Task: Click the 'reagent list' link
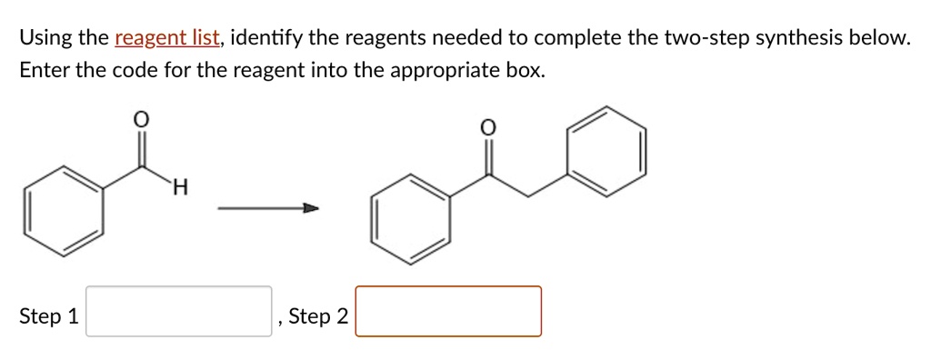coord(167,38)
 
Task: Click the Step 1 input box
coord(179,312)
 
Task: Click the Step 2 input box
coord(448,312)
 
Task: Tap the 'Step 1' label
coord(48,316)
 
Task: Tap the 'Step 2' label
coord(317,316)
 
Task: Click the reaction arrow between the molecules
coord(268,209)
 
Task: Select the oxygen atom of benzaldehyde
coord(140,118)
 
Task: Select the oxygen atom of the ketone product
coord(487,128)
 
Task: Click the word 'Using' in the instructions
coord(45,38)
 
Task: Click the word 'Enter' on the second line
coord(43,70)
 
